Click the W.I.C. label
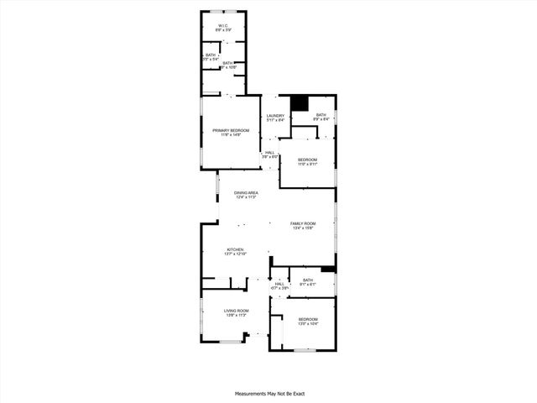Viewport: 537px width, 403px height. [223, 26]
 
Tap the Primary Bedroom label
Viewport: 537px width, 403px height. [231, 130]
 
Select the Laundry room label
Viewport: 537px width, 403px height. [276, 115]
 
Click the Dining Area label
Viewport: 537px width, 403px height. [246, 192]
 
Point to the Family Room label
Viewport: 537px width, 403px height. [302, 223]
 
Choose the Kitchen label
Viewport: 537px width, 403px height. [235, 250]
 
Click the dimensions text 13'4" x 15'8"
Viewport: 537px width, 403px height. [302, 228]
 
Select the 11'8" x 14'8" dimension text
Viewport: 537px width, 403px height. [231, 135]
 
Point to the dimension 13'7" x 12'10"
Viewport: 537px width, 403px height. [235, 255]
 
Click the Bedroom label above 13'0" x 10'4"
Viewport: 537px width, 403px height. [308, 319]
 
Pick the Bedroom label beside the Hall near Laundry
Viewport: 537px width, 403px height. [307, 160]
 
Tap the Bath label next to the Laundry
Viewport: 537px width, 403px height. [321, 115]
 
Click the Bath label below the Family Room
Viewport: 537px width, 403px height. [308, 280]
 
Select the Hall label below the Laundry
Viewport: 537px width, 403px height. [269, 152]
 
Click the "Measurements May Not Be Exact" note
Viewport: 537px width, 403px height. [268, 393]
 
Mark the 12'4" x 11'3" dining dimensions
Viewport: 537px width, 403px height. [246, 197]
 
